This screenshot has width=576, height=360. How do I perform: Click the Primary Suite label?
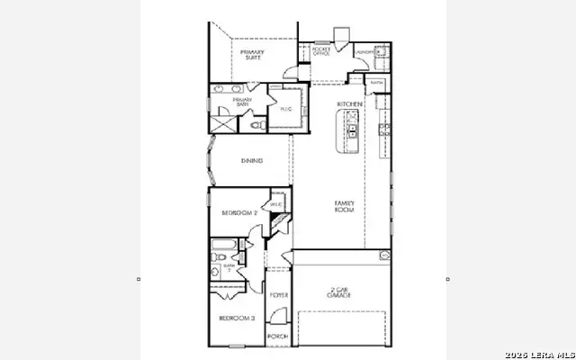click(251, 55)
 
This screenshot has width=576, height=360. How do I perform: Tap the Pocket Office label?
click(321, 51)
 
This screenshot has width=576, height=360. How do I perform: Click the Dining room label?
click(252, 161)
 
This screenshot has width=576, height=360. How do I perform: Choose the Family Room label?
click(345, 206)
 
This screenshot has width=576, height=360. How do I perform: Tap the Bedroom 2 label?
click(239, 212)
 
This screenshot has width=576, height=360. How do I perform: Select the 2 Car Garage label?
click(338, 292)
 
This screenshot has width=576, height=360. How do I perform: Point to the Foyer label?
click(279, 295)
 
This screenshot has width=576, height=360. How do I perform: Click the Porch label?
click(278, 337)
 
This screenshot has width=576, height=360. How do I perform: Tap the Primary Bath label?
click(242, 103)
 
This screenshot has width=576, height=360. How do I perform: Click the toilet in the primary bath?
click(257, 127)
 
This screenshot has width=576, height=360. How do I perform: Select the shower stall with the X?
click(221, 123)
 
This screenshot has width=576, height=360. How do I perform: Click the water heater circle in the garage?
click(385, 256)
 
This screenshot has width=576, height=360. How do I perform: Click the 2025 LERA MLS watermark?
click(540, 352)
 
